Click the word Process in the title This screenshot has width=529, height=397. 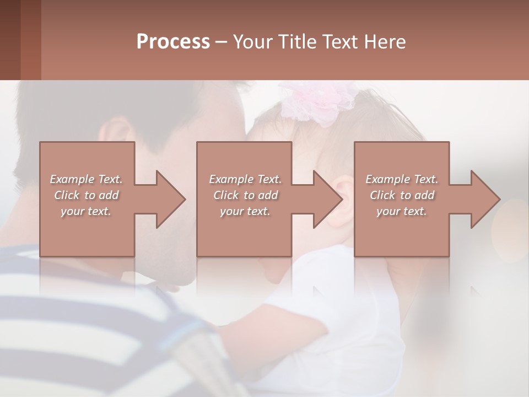click(x=173, y=42)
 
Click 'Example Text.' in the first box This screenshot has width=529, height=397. click(x=86, y=179)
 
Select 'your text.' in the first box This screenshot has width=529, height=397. click(x=86, y=211)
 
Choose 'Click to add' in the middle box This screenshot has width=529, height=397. click(x=245, y=195)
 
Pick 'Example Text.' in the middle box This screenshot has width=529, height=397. click(x=245, y=179)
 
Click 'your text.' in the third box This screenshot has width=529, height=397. click(x=402, y=211)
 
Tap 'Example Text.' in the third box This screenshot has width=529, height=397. click(x=402, y=179)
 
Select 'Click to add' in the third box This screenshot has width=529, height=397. click(x=402, y=195)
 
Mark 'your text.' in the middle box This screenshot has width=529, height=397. click(x=245, y=211)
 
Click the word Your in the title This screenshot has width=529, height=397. click(x=254, y=42)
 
